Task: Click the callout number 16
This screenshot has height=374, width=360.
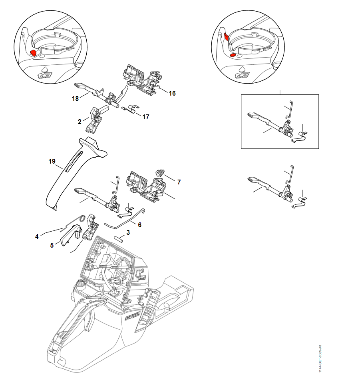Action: (172, 93)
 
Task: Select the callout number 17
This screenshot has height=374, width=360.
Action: (146, 117)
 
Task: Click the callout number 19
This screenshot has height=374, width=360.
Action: (52, 162)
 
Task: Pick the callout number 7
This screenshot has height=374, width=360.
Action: (179, 182)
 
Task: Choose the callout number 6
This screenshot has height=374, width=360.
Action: (139, 225)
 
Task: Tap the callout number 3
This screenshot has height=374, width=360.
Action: (128, 232)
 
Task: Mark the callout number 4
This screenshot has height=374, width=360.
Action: (37, 236)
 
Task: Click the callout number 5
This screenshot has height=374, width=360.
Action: (52, 246)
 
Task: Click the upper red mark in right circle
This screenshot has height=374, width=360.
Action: (226, 37)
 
